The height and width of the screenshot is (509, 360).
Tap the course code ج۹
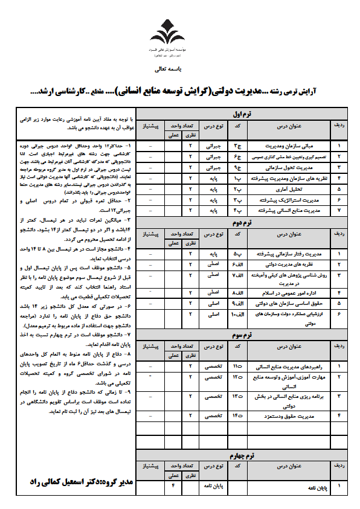[x=238, y=167]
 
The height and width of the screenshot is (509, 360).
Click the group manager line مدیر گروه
[x=82, y=483]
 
